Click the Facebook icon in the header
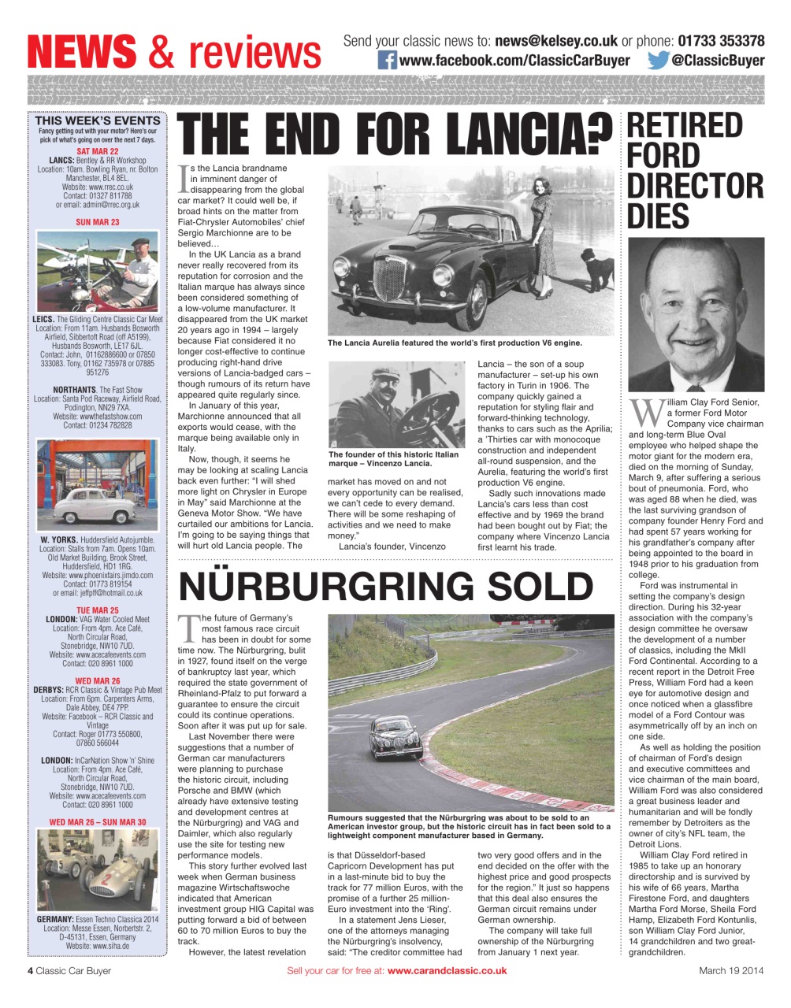coord(387,61)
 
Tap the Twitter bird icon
coord(659,61)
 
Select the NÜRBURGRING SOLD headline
coord(386,587)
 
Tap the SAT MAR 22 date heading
coord(98,151)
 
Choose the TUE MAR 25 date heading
coord(98,610)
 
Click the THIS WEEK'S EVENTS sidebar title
coord(98,120)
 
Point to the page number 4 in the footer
coord(30,971)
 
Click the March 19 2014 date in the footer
coord(731,971)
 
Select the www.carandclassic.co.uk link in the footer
coord(447,971)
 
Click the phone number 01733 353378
coord(721,41)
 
